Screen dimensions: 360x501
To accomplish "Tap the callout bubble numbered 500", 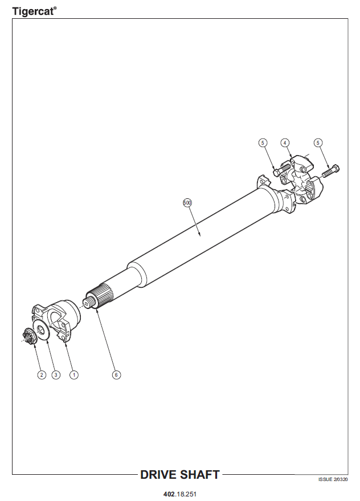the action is pos(187,202).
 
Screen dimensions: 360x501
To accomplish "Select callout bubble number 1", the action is pos(74,374).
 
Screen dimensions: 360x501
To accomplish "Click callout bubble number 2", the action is pos(42,374).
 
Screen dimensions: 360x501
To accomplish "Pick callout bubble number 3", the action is pos(56,374).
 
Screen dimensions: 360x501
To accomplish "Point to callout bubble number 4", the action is pos(285,142).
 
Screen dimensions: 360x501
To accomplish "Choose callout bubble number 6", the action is pos(116,374).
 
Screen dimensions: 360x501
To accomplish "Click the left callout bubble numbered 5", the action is pos(263,142).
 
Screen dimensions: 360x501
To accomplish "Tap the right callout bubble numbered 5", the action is pos(318,142).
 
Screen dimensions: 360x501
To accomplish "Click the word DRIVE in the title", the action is pos(158,475).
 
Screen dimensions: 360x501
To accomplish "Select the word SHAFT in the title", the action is pos(199,475).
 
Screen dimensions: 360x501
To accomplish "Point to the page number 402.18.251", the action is pos(180,494).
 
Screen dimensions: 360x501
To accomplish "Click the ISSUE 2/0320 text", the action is pos(333,479).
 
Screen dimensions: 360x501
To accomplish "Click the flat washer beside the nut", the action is pos(41,329).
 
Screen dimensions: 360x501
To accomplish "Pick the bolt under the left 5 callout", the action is pos(282,169).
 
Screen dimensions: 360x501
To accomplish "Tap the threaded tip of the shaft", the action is pos(88,302).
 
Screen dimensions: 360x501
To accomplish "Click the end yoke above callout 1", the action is pos(57,321).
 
